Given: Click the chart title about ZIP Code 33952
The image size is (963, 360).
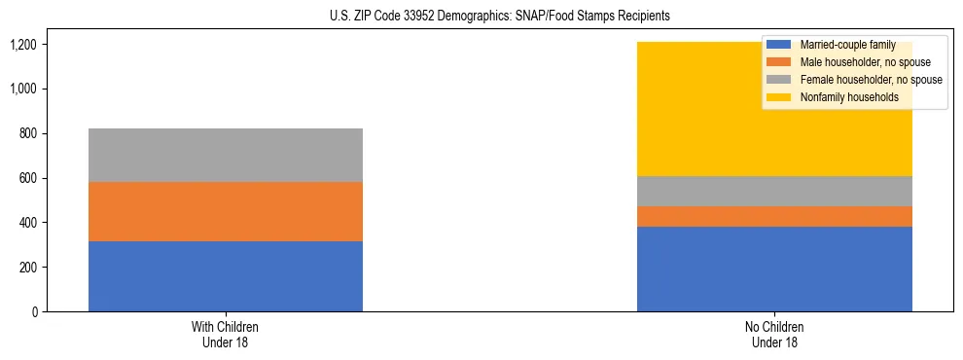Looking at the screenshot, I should click(481, 17).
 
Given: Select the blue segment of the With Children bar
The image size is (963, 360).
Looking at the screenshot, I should click(226, 276).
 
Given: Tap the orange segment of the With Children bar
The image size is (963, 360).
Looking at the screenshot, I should click(226, 211).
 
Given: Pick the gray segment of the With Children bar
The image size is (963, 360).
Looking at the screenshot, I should click(226, 155).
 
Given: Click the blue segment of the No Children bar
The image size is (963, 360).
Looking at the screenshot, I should click(774, 269).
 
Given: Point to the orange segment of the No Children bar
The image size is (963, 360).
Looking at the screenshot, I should click(774, 216).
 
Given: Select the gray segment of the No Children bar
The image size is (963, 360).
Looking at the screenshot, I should click(774, 191).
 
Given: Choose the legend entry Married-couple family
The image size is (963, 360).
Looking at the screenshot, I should click(842, 45).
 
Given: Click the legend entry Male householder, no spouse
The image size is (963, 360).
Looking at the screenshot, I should click(851, 62).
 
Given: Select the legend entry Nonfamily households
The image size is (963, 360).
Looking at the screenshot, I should click(842, 97).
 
